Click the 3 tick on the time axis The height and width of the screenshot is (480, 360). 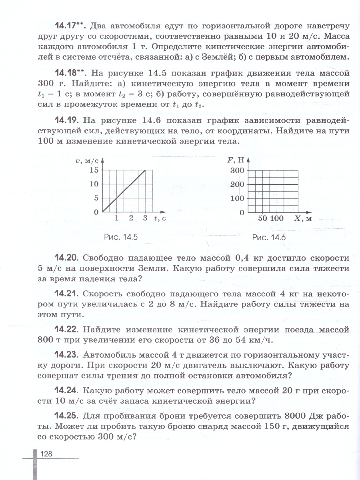coord(145,218)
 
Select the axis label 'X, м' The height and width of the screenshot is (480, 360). coord(303,218)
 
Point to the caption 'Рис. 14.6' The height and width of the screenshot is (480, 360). coord(269,237)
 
